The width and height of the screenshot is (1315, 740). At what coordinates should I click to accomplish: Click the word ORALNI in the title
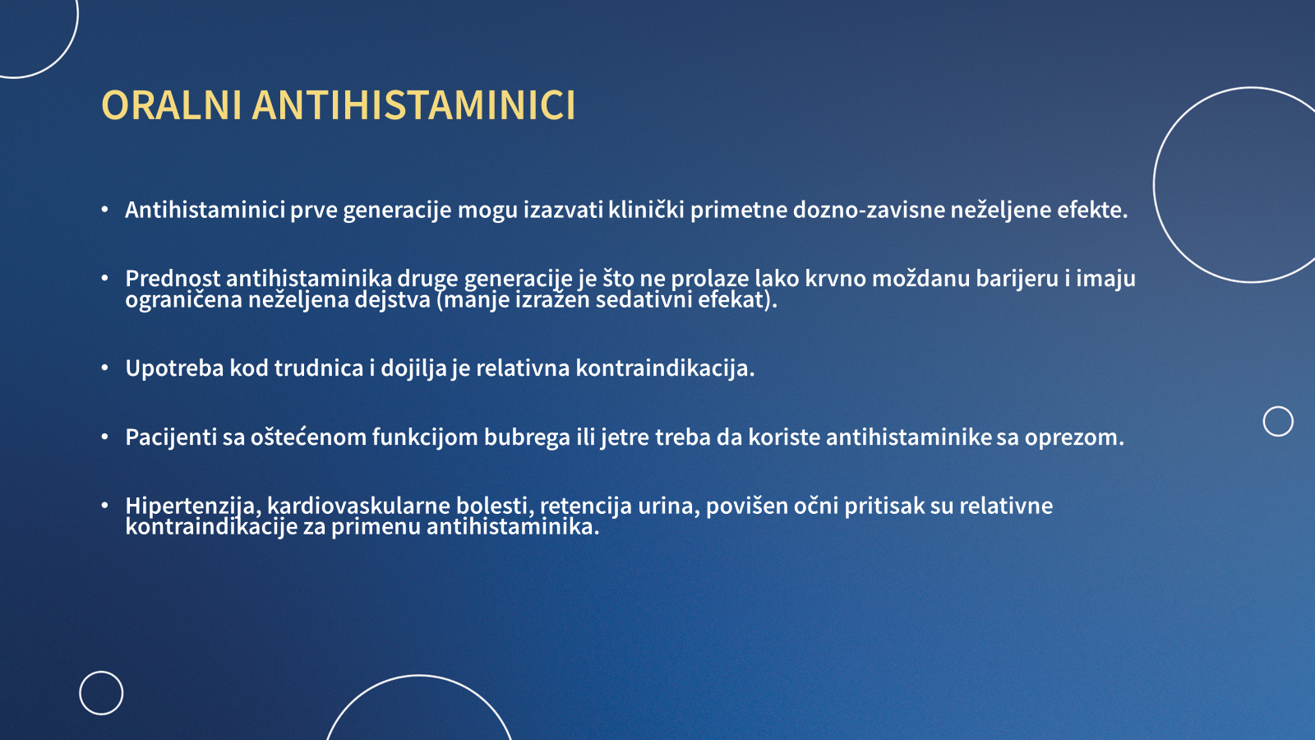(x=172, y=105)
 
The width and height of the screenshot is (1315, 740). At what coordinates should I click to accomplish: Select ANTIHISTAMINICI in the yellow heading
(x=414, y=105)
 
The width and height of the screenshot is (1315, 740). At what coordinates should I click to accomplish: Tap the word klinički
(x=646, y=210)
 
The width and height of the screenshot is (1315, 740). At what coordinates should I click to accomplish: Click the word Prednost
(x=173, y=279)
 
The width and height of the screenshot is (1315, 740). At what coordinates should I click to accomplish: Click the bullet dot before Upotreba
(x=104, y=368)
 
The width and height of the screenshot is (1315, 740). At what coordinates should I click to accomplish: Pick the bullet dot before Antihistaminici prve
(x=104, y=209)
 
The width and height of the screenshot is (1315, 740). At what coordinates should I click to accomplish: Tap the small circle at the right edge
(x=1278, y=406)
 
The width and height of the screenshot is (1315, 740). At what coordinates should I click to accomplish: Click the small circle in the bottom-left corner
(x=101, y=671)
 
